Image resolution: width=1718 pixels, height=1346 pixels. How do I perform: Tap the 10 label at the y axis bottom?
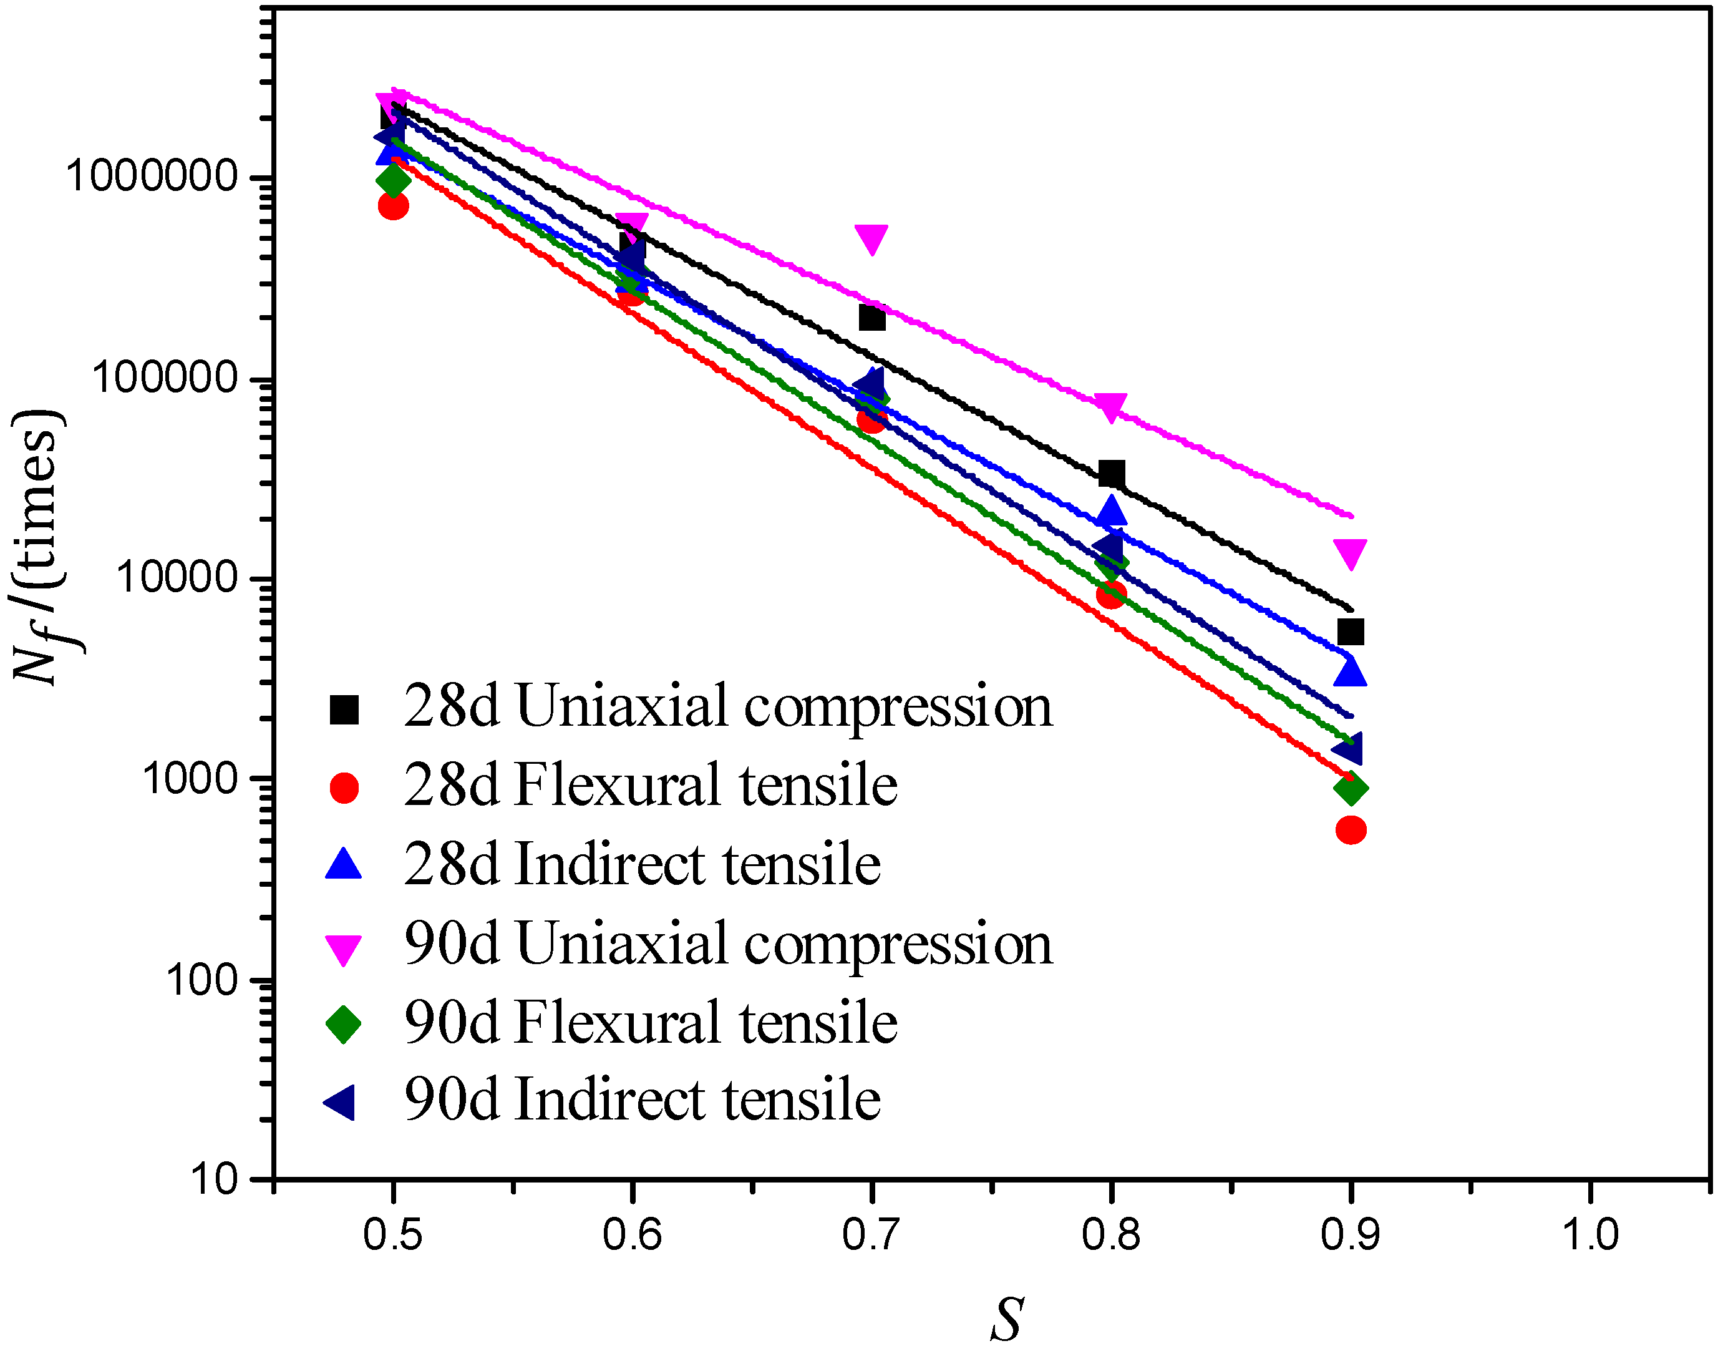(213, 1181)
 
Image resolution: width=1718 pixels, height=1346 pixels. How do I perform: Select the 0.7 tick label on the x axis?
(870, 1235)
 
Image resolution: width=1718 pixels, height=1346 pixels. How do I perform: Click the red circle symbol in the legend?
(344, 788)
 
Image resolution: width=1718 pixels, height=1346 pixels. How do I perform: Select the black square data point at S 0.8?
(1110, 474)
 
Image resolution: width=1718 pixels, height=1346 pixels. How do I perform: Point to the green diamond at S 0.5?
(393, 180)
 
